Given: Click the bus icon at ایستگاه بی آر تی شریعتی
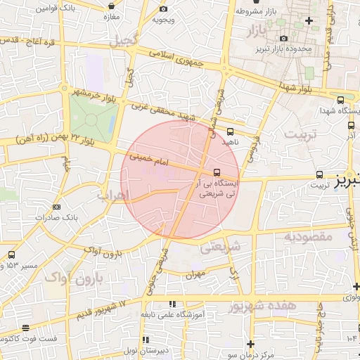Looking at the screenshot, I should point(217,172).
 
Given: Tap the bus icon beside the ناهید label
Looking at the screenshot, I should point(231,131).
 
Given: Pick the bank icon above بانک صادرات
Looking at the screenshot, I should point(56,207).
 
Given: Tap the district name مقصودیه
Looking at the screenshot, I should point(307,237).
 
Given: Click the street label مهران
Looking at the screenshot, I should point(195,274).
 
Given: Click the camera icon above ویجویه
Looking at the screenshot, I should point(163,9).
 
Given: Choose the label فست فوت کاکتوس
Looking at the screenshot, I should point(27,339).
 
